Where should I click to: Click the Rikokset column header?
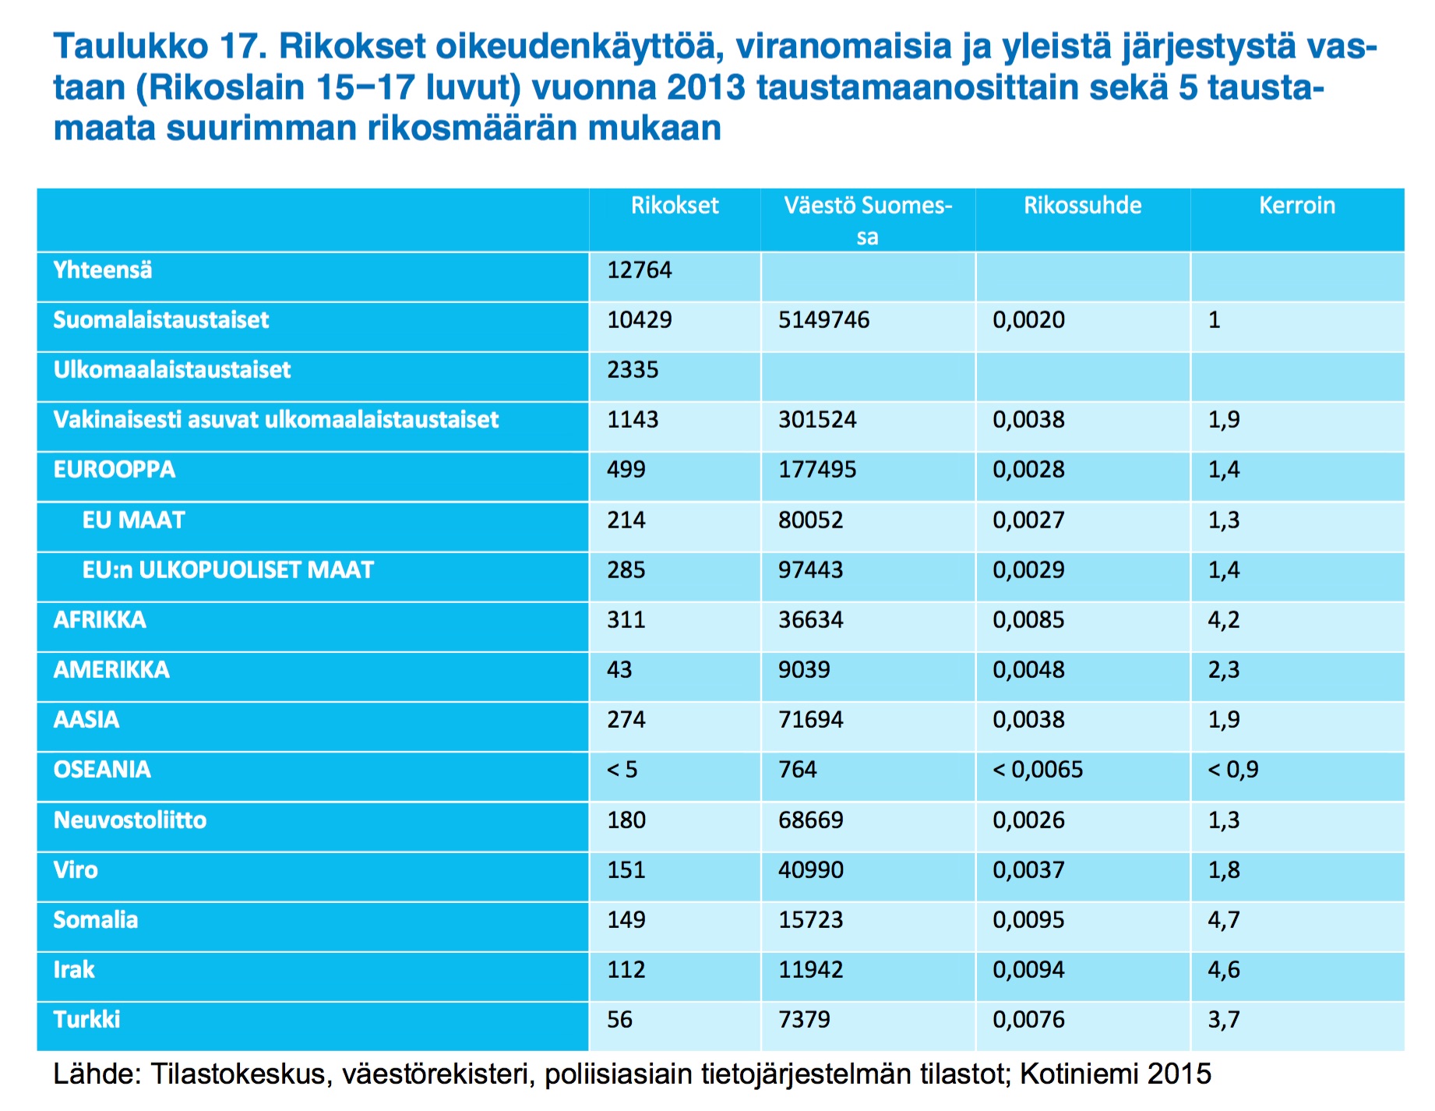[x=675, y=206]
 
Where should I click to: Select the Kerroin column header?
[x=1297, y=206]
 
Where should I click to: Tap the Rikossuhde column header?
[x=1083, y=206]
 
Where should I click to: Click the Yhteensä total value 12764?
[x=640, y=270]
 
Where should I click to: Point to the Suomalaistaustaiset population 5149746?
[x=823, y=320]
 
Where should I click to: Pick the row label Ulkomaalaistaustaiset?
[x=171, y=370]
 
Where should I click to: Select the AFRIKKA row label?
[x=100, y=620]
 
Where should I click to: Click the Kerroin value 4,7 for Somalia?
[x=1224, y=920]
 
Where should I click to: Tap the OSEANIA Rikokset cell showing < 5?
[x=622, y=770]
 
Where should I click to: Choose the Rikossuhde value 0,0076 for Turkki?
[x=1028, y=1020]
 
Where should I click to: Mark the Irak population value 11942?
[x=811, y=970]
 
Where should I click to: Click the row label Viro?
[x=76, y=870]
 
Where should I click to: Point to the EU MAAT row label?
[x=134, y=520]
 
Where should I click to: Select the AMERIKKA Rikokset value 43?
[x=619, y=670]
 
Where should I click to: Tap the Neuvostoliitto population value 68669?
[x=811, y=820]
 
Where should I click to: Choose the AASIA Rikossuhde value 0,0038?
[x=1028, y=720]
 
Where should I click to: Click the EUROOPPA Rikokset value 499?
[x=626, y=470]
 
